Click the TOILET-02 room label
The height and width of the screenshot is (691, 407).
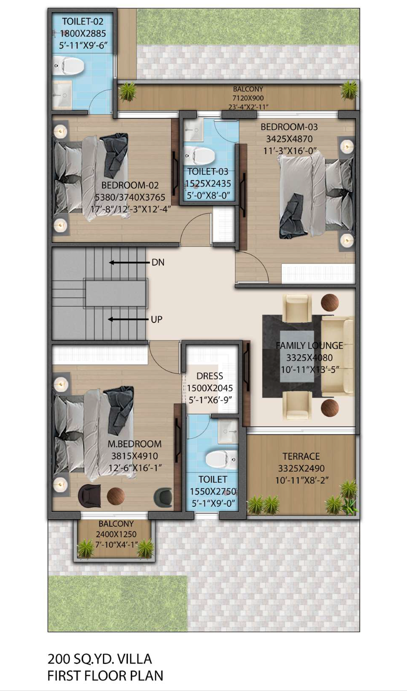83,21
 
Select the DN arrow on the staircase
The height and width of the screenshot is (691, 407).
129,262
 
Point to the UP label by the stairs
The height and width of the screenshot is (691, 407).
156,319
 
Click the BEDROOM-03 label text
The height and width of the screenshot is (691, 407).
289,127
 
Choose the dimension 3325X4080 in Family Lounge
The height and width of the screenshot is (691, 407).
309,358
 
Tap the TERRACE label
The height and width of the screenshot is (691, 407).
301,456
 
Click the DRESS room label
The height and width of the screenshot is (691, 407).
210,376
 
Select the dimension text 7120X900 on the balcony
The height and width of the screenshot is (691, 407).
248,98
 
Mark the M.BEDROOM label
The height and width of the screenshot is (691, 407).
134,444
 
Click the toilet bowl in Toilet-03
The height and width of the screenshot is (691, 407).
199,155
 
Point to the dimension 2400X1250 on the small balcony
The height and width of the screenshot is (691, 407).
116,534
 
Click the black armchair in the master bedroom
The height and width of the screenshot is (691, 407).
89,496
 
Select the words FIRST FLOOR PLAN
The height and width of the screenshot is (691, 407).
105,676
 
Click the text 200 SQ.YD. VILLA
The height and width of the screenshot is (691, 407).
99,659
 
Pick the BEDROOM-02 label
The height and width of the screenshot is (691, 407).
130,185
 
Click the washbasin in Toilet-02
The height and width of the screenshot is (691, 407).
62,95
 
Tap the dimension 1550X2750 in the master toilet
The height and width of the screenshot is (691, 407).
213,491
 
